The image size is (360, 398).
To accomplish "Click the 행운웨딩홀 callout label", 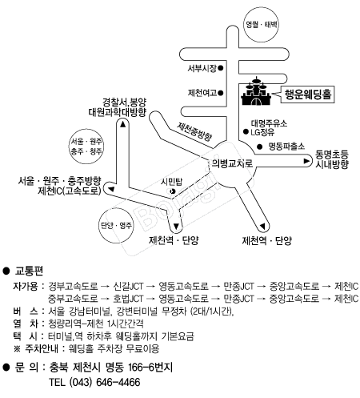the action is click(307, 94).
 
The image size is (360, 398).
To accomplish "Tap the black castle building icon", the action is click(256, 91).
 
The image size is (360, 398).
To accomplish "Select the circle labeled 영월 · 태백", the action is click(261, 25).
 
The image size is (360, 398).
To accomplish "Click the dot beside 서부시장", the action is click(221, 68).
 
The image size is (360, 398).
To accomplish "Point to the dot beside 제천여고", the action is click(221, 93).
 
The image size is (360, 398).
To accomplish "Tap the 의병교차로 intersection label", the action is click(231, 163).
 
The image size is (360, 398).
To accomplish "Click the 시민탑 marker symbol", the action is click(172, 191).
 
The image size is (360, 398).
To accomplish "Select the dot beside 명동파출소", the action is click(259, 147).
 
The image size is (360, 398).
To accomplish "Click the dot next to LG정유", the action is click(246, 131).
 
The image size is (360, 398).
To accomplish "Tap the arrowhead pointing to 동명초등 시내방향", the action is click(306, 161).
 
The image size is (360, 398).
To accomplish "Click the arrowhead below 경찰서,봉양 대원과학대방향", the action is click(123, 124).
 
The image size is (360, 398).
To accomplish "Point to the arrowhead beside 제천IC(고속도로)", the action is click(111, 189).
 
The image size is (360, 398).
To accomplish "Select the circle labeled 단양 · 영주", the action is click(116, 226).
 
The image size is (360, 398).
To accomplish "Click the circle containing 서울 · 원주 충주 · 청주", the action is click(86, 147).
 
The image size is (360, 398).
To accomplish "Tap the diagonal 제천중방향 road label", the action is click(194, 131).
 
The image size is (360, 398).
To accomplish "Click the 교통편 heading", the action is click(29, 271).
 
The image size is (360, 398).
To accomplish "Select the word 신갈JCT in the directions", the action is click(128, 286).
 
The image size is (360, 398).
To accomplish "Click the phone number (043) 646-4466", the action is click(105, 382).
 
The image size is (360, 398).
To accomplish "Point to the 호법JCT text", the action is click(128, 299).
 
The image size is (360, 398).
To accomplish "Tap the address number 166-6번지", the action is click(150, 368).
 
